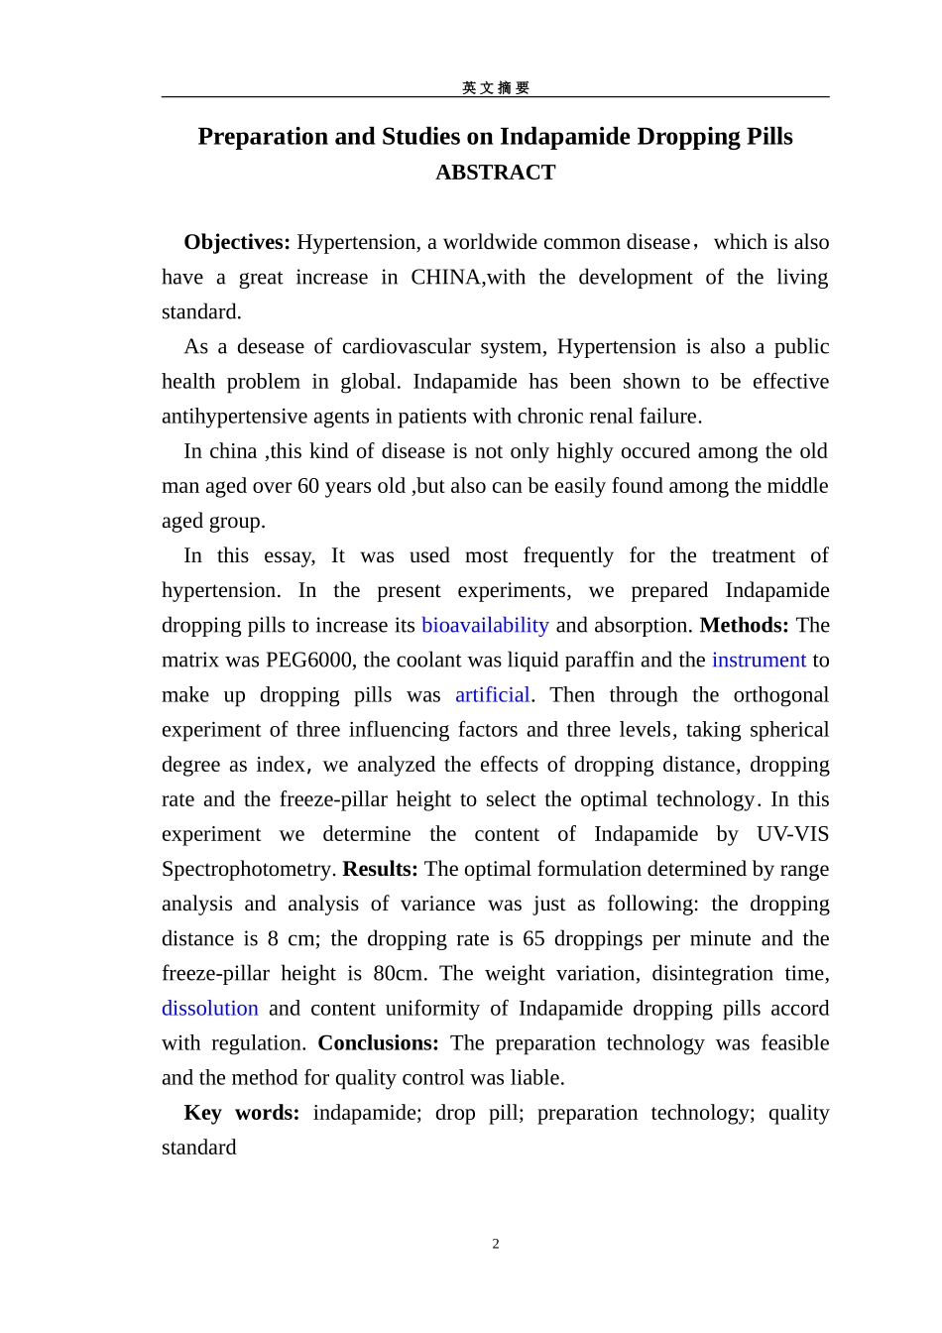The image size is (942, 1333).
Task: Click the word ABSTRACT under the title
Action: tap(495, 173)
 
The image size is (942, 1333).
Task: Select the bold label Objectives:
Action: tap(237, 242)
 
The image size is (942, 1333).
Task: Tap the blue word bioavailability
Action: tap(485, 625)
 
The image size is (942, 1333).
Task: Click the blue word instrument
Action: tap(759, 660)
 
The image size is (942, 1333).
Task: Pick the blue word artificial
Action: tap(492, 694)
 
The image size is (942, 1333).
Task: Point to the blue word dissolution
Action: tap(210, 1008)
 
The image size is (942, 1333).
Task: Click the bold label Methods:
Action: tap(744, 625)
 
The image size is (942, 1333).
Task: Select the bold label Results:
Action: tap(381, 869)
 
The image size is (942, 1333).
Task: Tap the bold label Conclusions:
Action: tap(378, 1042)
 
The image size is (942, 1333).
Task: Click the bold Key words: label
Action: tap(242, 1112)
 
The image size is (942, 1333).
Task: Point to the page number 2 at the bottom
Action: tap(496, 1244)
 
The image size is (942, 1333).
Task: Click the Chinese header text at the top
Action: tap(496, 87)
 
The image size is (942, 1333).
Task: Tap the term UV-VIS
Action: tap(792, 834)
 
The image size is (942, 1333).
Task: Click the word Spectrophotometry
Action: tap(249, 869)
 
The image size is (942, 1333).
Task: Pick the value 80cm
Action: tap(399, 973)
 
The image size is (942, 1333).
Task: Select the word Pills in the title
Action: tap(766, 136)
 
